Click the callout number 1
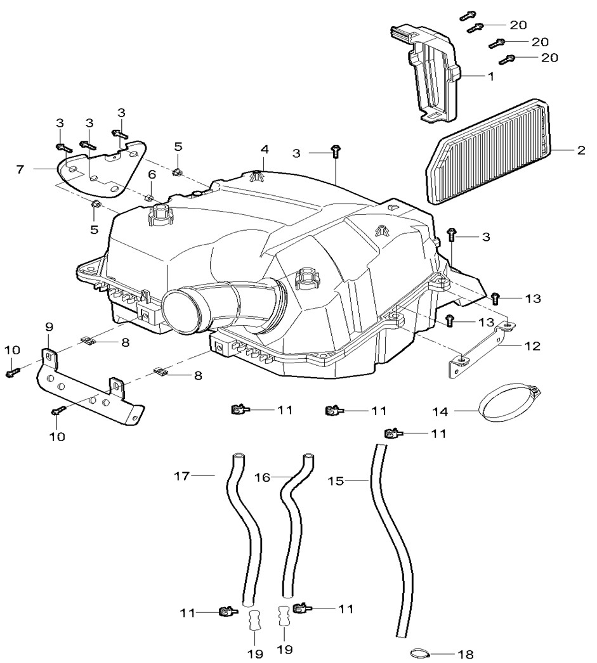point(490,75)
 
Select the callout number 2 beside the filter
point(581,151)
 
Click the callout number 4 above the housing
point(265,150)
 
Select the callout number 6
point(152,174)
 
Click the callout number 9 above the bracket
point(49,327)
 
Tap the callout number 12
point(532,346)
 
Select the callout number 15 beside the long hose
point(336,482)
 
